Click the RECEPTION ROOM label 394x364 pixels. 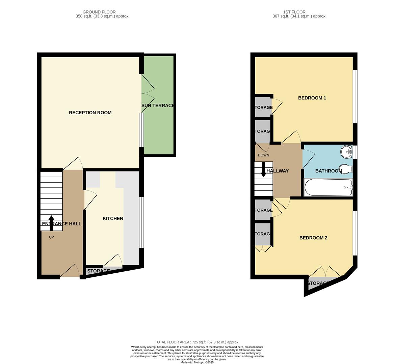click(x=90, y=113)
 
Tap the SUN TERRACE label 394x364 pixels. click(x=158, y=105)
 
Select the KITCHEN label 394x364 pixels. click(x=113, y=218)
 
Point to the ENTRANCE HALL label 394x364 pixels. click(x=61, y=224)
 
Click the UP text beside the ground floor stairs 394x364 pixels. click(x=51, y=237)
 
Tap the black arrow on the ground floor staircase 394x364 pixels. click(x=51, y=222)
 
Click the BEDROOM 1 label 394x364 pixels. click(x=312, y=98)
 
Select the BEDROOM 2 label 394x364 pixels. click(x=313, y=238)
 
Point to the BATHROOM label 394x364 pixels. click(x=329, y=171)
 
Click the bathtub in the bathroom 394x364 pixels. click(x=328, y=187)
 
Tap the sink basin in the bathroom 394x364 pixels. click(x=346, y=152)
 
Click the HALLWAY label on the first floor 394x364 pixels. click(x=278, y=171)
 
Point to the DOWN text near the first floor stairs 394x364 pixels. click(x=263, y=155)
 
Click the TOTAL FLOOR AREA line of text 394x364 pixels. click(x=197, y=342)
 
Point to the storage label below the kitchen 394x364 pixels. click(x=98, y=271)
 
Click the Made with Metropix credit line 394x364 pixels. click(x=197, y=362)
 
